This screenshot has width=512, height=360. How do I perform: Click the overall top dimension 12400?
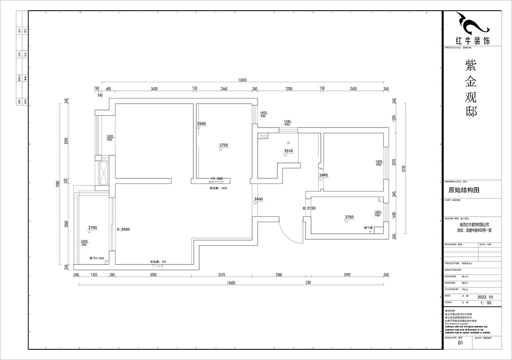[x=243, y=80]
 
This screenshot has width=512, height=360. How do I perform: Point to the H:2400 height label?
[x=123, y=229]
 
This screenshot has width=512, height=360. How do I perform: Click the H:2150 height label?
[x=309, y=208]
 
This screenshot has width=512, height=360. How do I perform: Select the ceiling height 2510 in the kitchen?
[x=288, y=151]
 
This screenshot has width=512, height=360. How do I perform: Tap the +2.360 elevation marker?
[x=217, y=178]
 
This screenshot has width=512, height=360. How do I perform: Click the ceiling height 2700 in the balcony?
[x=93, y=228]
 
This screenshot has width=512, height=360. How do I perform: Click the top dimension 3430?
[x=154, y=89]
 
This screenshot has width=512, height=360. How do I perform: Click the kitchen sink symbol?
[x=262, y=137]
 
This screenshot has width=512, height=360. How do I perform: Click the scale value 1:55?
[x=486, y=302]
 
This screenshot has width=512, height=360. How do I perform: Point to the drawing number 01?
[x=460, y=343]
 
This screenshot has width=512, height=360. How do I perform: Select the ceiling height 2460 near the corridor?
[x=259, y=199]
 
